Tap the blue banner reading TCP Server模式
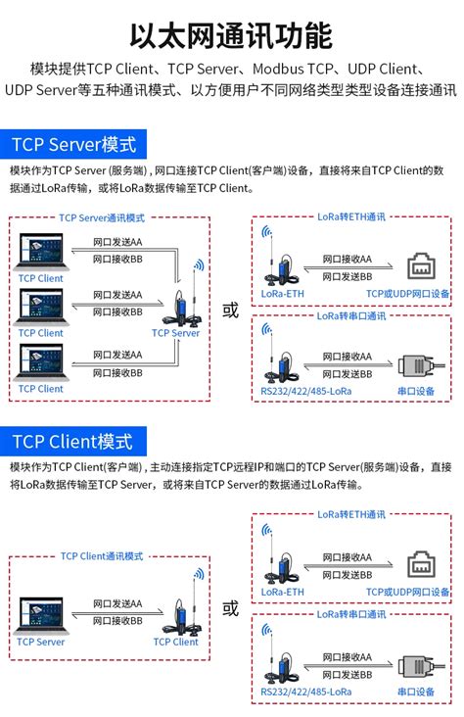[73, 145]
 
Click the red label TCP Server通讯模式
[102, 218]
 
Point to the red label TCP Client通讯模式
[102, 555]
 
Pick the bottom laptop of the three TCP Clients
[40, 361]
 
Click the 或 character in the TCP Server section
[230, 311]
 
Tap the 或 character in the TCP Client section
[230, 608]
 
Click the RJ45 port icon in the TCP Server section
[422, 266]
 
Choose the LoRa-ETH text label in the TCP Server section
[282, 293]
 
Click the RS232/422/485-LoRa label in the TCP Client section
[306, 693]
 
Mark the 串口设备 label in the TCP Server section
[416, 392]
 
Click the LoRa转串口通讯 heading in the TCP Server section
[350, 316]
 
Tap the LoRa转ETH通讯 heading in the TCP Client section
[350, 514]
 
